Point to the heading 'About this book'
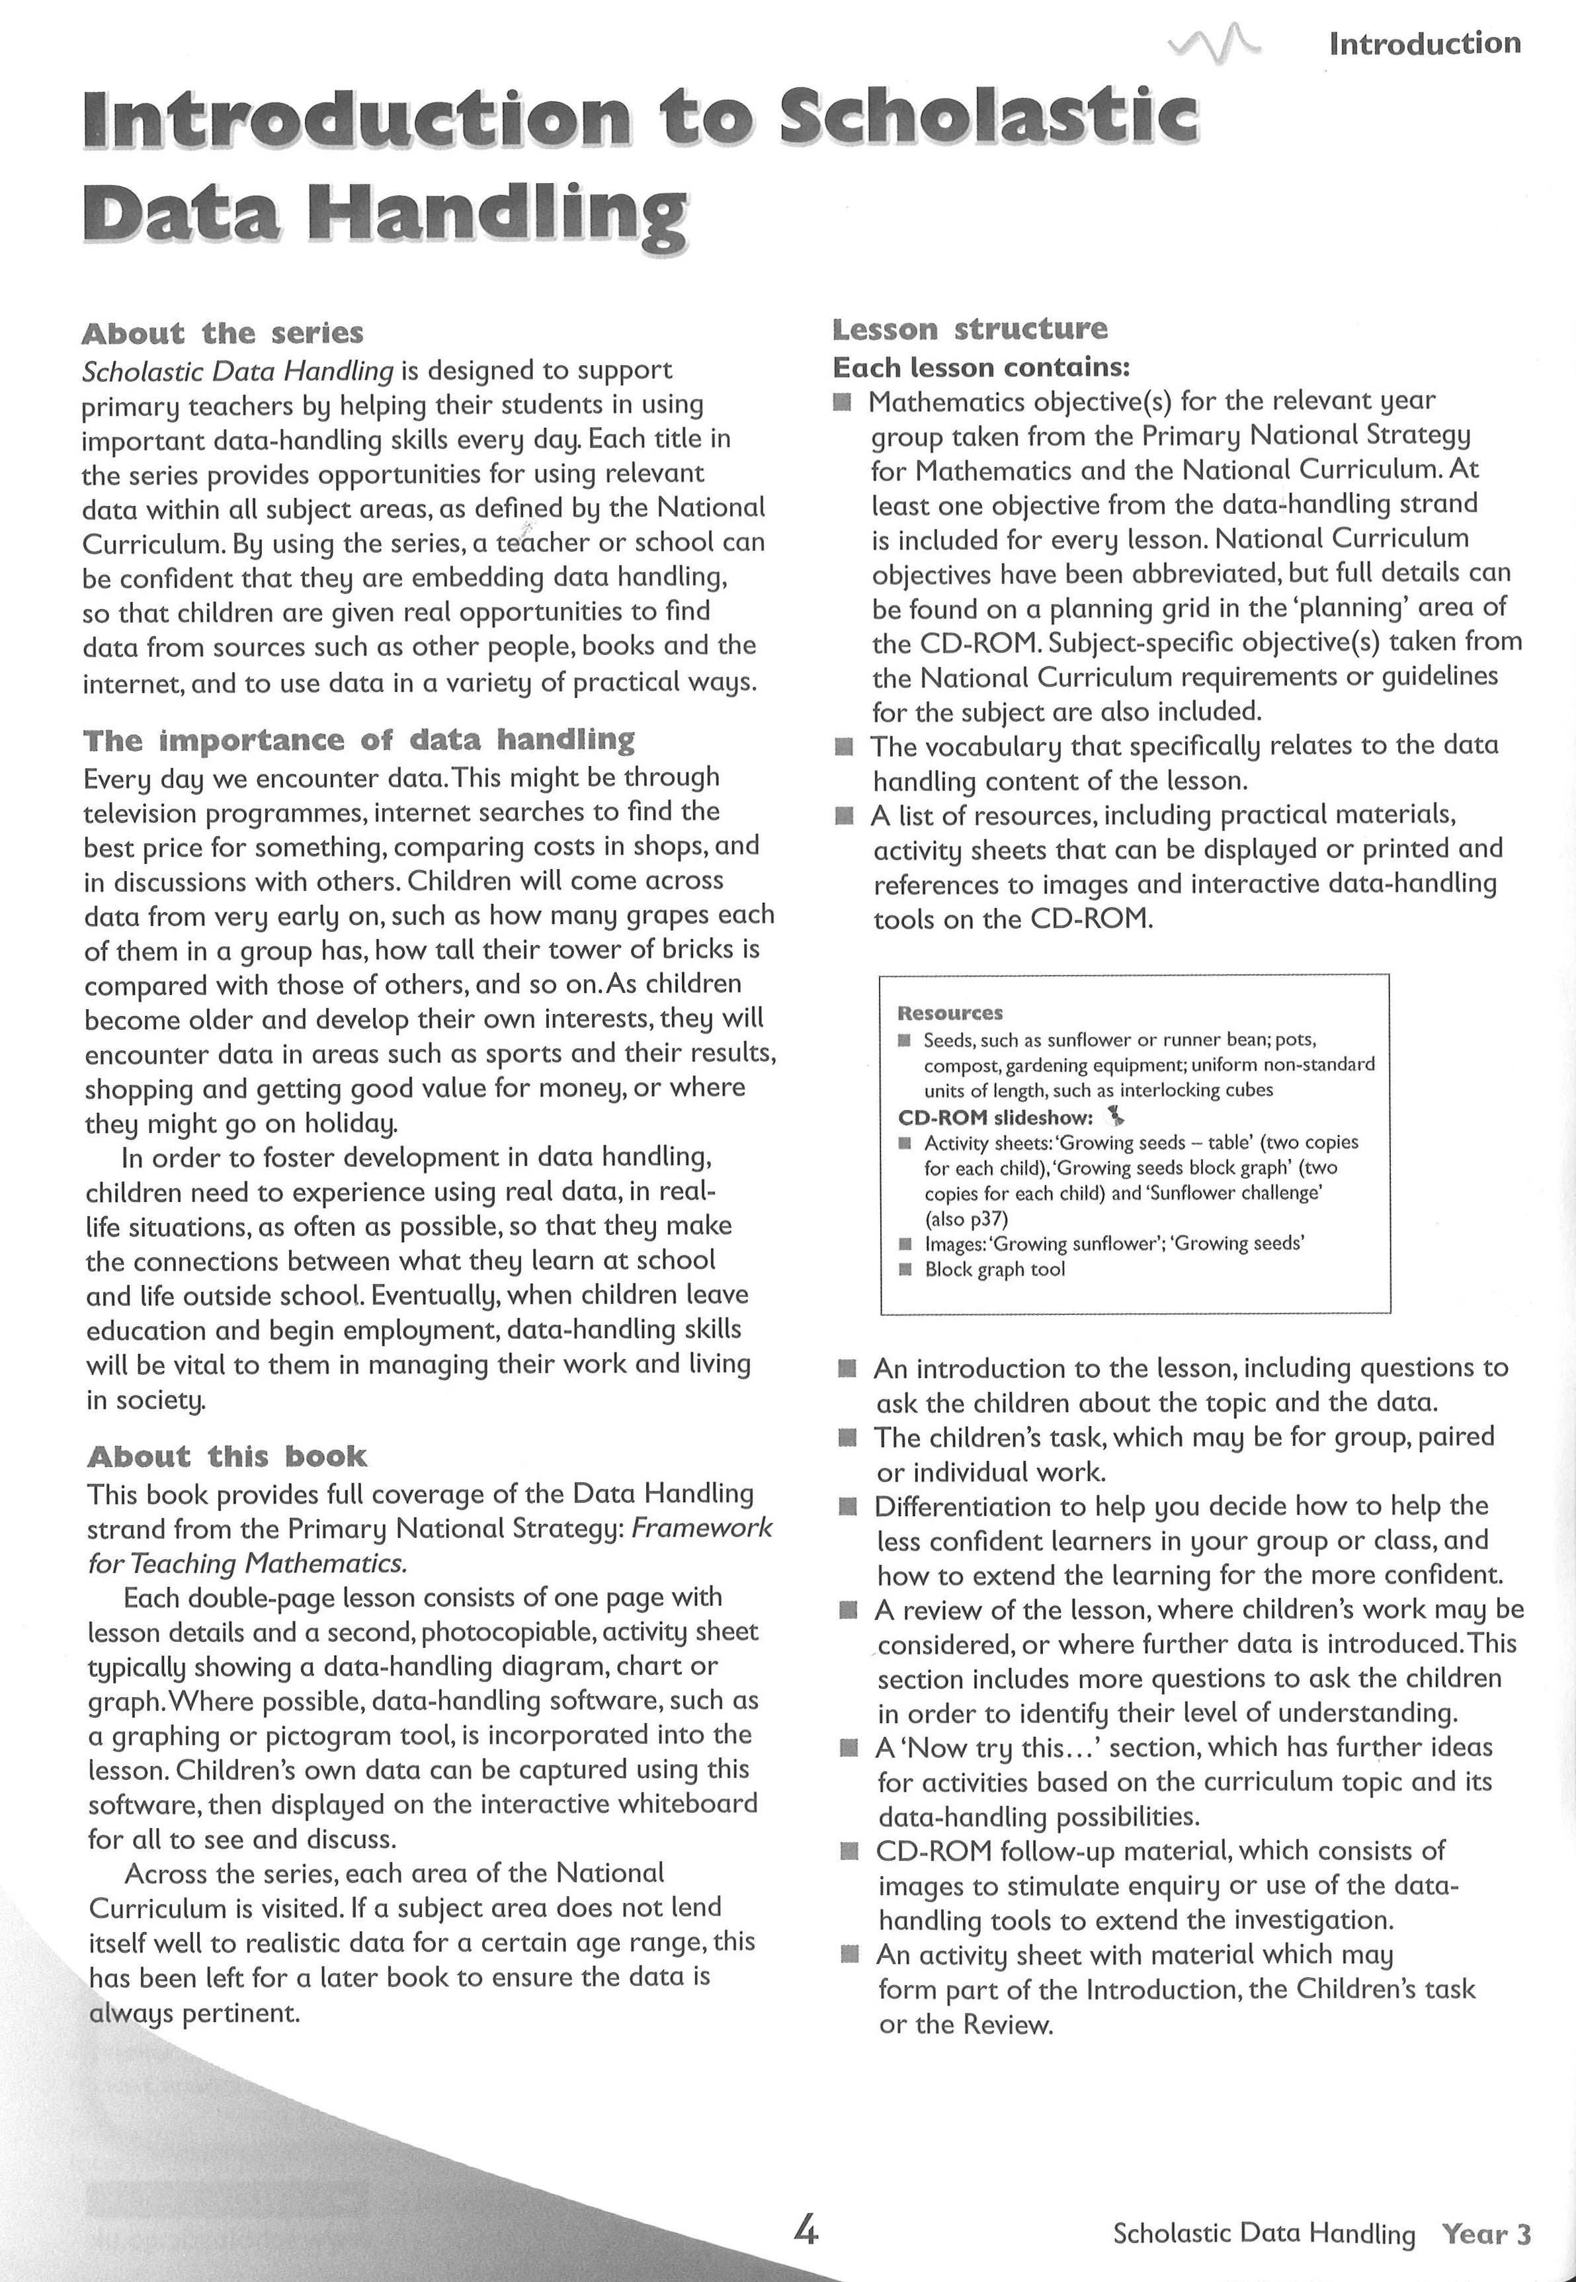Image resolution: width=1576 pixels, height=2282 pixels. (x=227, y=1457)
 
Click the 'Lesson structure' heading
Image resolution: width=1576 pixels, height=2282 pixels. (x=970, y=329)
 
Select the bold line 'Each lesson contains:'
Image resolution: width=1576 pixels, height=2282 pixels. (x=981, y=367)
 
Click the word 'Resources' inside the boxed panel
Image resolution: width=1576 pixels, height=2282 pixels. (x=949, y=1013)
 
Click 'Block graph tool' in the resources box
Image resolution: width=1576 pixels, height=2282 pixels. (x=995, y=1270)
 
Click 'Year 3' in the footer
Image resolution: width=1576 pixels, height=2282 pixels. (x=1485, y=2234)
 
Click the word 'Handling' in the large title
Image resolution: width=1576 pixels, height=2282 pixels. (x=497, y=213)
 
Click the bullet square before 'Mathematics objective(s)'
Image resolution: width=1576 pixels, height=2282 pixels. (x=841, y=402)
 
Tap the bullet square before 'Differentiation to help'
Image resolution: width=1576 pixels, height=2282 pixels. (x=847, y=1507)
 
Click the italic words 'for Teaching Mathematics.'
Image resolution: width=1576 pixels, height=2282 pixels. (x=247, y=1564)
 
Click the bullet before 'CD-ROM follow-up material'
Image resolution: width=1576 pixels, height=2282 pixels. (x=847, y=1851)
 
